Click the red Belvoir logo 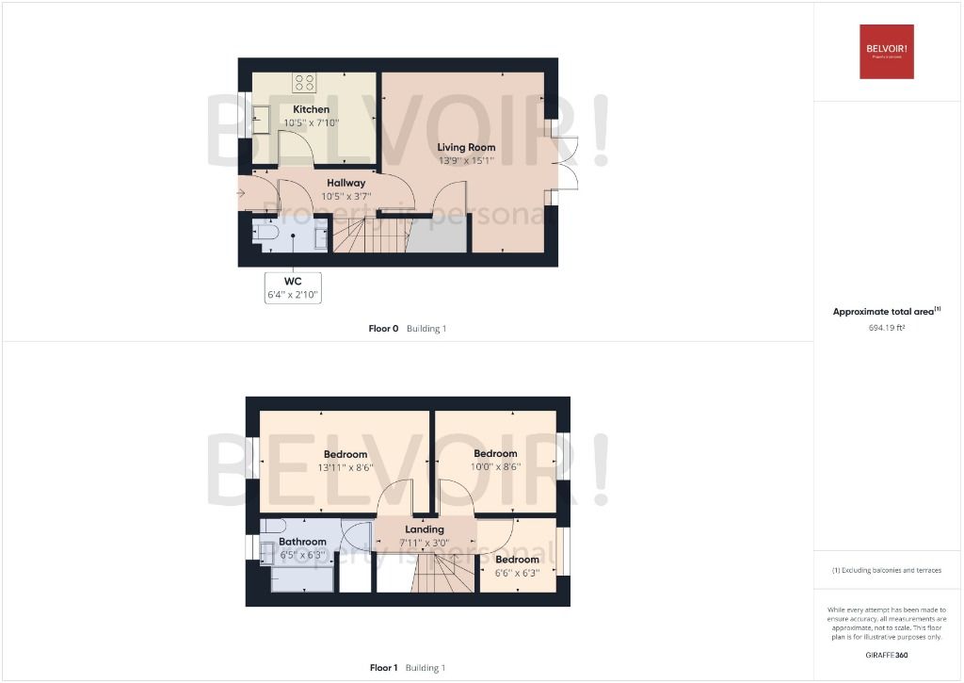click(x=886, y=51)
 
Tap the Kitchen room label click(x=311, y=109)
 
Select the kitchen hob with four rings click(x=304, y=82)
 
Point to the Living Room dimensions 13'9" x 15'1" click(x=466, y=161)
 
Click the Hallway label click(x=345, y=183)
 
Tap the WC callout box click(x=293, y=287)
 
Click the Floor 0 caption click(x=383, y=329)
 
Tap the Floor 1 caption click(x=383, y=668)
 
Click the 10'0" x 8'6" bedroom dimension click(x=495, y=466)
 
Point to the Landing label click(x=424, y=529)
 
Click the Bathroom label click(x=302, y=542)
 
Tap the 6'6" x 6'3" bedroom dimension click(x=517, y=572)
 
